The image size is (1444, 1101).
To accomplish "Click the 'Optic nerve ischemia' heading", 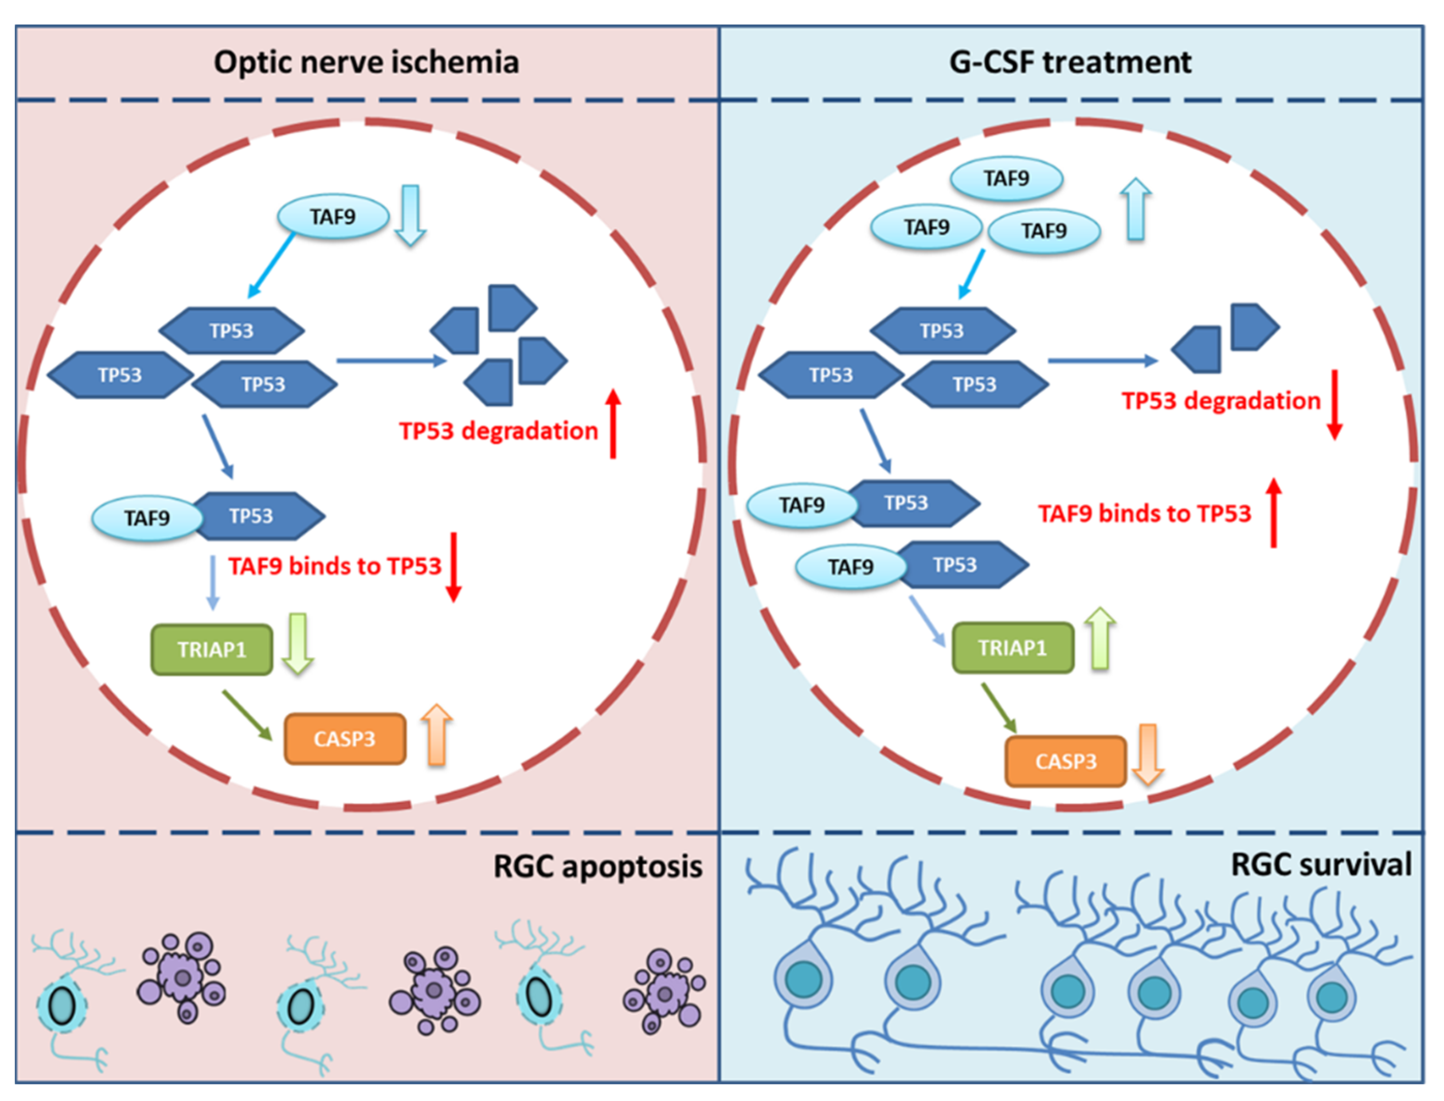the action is [x=366, y=63].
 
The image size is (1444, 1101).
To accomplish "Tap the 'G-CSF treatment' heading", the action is [x=1070, y=63].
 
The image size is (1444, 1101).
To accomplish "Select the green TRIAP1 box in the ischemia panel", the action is [x=212, y=650].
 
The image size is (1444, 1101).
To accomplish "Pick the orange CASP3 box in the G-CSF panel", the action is [x=1066, y=762].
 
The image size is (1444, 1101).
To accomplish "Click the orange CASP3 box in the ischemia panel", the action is [x=345, y=739].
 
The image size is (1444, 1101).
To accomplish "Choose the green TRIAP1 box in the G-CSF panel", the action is [x=1013, y=648].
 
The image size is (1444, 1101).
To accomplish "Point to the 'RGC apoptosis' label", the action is [x=598, y=867].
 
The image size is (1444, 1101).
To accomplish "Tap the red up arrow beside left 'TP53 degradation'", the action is [x=613, y=423].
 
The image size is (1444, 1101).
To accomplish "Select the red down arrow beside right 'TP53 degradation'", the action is [x=1334, y=404].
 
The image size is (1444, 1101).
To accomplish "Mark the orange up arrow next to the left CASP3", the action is [x=437, y=735].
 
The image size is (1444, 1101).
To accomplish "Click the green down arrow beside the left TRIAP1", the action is [x=298, y=644].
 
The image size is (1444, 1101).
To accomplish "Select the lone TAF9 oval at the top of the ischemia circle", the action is [x=333, y=217].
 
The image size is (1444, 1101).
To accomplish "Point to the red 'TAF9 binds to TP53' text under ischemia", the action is [x=335, y=566].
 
